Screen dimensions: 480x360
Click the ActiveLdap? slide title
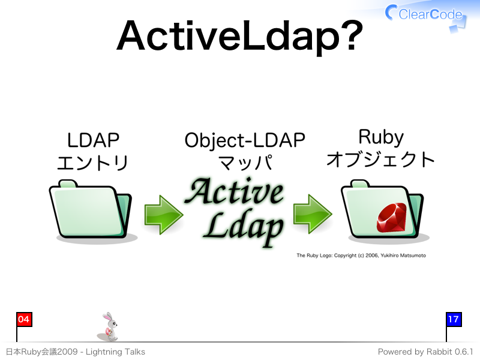click(x=239, y=37)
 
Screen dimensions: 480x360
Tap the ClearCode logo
click(x=425, y=16)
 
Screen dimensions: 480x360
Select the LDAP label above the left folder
click(x=93, y=140)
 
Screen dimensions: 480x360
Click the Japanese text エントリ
click(x=92, y=162)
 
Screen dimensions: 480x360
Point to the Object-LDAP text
click(x=245, y=141)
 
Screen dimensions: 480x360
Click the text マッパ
click(x=246, y=162)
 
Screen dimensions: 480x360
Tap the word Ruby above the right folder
click(x=381, y=137)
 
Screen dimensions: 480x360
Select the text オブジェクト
click(x=380, y=159)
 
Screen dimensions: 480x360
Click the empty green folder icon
click(x=91, y=211)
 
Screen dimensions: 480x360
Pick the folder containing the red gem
click(x=384, y=211)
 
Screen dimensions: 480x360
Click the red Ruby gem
click(x=392, y=218)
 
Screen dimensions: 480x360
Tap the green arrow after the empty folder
click(x=164, y=215)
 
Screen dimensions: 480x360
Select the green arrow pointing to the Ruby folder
click(x=313, y=214)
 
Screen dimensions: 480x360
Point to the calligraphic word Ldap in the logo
click(x=244, y=227)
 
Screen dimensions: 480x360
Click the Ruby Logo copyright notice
click(x=361, y=256)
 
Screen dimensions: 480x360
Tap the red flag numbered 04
click(x=24, y=320)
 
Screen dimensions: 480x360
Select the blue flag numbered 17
click(x=454, y=320)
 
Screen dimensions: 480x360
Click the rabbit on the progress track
click(x=109, y=327)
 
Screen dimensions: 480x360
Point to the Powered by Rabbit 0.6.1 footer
click(x=425, y=352)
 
